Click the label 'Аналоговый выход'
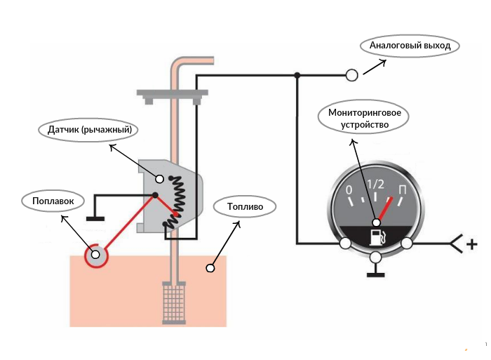click(x=410, y=46)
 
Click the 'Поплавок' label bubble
click(x=53, y=201)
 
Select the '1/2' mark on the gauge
click(x=376, y=185)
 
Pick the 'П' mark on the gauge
click(x=403, y=190)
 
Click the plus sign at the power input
click(x=472, y=244)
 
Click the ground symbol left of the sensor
click(x=95, y=218)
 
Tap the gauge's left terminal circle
click(x=345, y=244)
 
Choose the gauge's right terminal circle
click(x=407, y=244)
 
